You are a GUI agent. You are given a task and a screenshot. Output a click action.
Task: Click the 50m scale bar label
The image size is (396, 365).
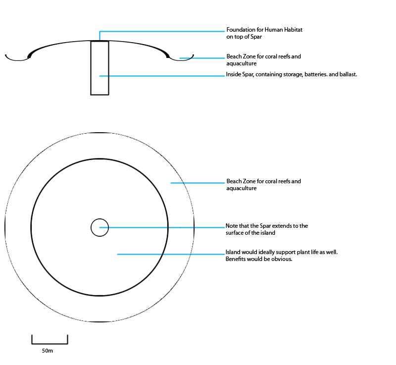[x=48, y=351]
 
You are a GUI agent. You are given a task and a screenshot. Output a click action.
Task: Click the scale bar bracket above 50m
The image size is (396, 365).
[x=50, y=344]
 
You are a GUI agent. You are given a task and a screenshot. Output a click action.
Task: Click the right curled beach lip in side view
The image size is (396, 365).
[x=181, y=60]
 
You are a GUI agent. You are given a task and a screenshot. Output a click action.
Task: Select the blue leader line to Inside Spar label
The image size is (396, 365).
[x=162, y=76]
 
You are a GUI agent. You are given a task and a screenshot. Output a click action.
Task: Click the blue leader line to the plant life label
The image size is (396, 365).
[x=171, y=254]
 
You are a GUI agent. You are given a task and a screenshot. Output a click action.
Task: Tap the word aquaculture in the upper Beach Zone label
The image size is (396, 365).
[x=242, y=64]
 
